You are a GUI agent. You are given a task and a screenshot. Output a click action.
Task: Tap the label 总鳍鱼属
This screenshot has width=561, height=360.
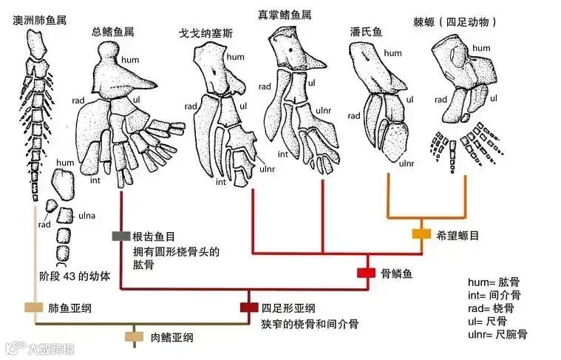[112, 31]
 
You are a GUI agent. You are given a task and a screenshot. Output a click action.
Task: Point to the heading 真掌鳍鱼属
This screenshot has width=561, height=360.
[284, 15]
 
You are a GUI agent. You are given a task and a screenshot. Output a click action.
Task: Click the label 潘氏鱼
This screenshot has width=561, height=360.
[366, 32]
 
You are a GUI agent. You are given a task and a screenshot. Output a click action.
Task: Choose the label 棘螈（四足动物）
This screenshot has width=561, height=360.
[455, 22]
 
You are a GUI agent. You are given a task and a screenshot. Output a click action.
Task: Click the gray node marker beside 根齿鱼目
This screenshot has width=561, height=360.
[120, 236]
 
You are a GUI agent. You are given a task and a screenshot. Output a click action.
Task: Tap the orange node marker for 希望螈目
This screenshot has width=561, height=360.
[421, 234]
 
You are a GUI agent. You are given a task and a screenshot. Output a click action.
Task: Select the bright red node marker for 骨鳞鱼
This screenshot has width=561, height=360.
[366, 273]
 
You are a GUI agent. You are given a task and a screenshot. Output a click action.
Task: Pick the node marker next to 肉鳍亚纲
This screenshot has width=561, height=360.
[134, 337]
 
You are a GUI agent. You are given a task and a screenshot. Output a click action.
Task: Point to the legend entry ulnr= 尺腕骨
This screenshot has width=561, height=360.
[498, 334]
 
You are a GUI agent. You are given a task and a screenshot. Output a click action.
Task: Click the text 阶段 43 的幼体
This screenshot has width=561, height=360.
[75, 276]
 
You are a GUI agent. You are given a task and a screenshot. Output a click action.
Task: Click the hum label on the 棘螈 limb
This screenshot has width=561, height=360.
[481, 49]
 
